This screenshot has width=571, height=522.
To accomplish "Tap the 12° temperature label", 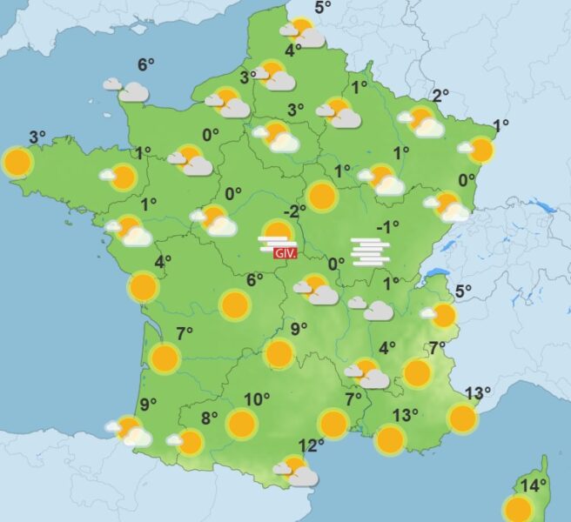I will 311,445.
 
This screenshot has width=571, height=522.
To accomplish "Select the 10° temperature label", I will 256,400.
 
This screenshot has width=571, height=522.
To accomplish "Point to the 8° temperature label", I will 209,418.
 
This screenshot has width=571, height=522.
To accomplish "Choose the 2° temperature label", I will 440,96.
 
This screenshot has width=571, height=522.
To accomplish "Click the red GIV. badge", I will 286,253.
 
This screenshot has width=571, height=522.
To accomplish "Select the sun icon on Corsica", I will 518,508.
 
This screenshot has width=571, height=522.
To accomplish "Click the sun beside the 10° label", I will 241,424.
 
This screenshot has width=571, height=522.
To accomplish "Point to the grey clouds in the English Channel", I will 126,89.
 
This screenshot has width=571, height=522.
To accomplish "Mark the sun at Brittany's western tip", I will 17,162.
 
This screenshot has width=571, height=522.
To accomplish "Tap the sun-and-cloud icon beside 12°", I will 298,472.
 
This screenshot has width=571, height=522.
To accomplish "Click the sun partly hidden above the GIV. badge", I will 278,231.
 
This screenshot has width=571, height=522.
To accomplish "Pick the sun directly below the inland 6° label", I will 235,304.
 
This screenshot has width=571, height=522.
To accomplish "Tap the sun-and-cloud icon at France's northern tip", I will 301,33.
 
